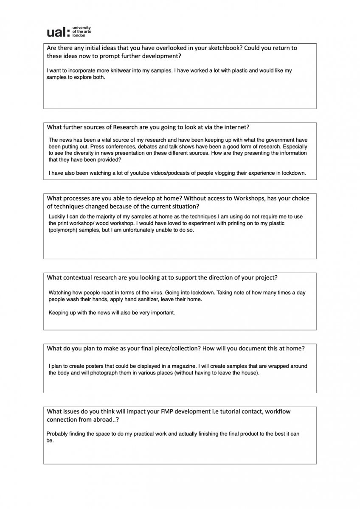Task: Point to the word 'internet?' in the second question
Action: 236,127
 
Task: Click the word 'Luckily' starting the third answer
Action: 57,216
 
